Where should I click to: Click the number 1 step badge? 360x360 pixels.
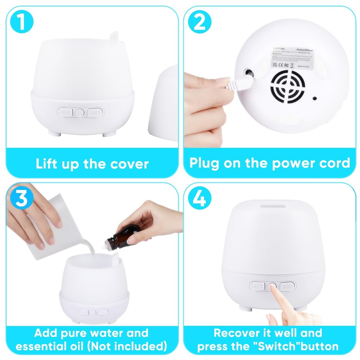tap(22, 22)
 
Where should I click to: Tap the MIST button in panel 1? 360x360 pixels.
tap(95, 112)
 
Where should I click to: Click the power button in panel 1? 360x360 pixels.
tap(80, 113)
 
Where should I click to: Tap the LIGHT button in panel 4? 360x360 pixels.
tap(257, 286)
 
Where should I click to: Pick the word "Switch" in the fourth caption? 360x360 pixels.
tap(271, 346)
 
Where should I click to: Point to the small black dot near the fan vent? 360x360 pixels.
tap(315, 98)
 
